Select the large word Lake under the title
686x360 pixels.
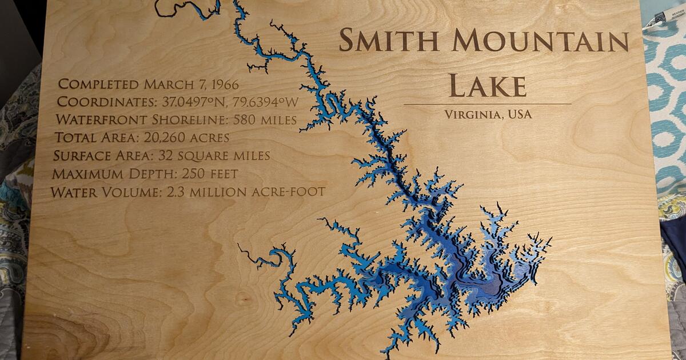(487, 85)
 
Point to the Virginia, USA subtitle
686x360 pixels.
(488, 114)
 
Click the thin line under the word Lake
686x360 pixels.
(488, 104)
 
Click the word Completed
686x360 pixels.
(99, 85)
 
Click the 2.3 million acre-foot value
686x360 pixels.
(246, 192)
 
